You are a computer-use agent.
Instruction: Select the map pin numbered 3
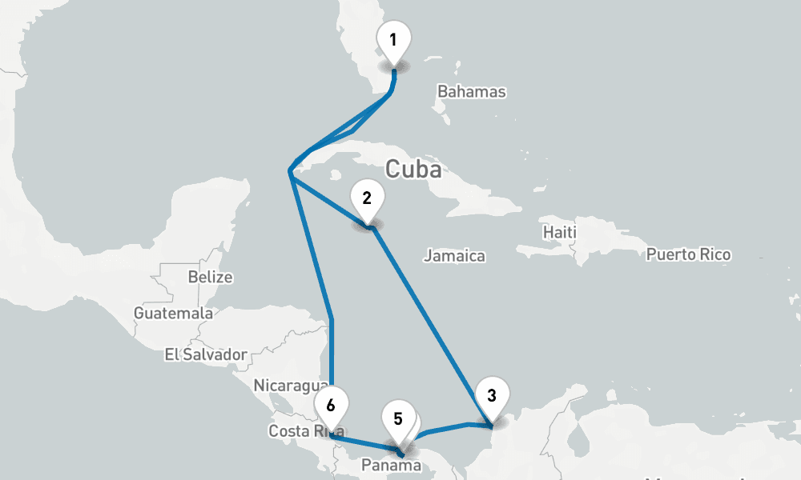[x=491, y=395]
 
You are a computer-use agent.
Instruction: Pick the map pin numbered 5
[x=397, y=419]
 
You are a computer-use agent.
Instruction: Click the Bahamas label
[x=471, y=91]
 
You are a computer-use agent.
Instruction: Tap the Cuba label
[x=413, y=170]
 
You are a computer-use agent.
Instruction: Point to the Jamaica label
[x=454, y=256]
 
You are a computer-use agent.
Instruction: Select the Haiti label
[x=559, y=232]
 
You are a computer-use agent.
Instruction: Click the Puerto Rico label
[x=688, y=255]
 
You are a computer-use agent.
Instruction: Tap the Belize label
[x=210, y=278]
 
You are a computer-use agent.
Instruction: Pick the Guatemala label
[x=173, y=313]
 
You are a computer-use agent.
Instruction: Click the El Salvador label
[x=205, y=354]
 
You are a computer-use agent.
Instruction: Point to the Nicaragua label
[x=290, y=385]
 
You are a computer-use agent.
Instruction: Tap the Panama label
[x=391, y=465]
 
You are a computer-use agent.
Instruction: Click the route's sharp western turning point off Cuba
[x=290, y=171]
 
